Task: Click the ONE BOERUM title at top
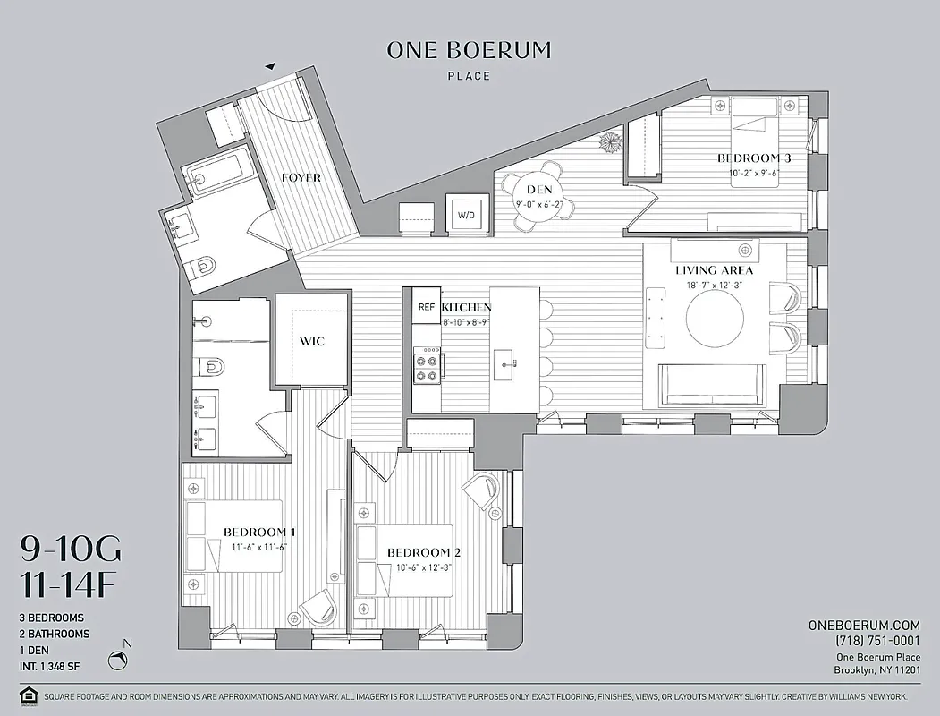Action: (x=470, y=50)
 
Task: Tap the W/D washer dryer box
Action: (x=466, y=216)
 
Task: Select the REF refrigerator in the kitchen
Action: (x=427, y=307)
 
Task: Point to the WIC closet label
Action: (x=310, y=342)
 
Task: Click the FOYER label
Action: (x=301, y=178)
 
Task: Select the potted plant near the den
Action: (x=611, y=142)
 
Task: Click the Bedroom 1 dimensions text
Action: (x=255, y=546)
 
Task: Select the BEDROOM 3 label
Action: (x=754, y=158)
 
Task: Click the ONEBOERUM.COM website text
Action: (x=863, y=625)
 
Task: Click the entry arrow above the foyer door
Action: (x=270, y=65)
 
